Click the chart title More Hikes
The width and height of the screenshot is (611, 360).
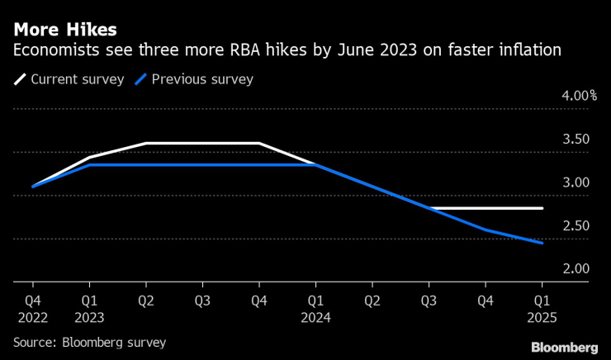click(64, 31)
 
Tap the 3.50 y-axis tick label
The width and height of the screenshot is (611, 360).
click(575, 140)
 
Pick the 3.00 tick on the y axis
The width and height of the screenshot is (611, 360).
click(575, 182)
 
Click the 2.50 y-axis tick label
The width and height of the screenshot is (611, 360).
click(575, 226)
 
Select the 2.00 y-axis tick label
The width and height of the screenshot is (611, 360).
click(575, 269)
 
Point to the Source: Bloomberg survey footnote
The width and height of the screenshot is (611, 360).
click(89, 342)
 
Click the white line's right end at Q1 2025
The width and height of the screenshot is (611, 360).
click(542, 208)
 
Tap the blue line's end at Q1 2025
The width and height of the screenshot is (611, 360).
click(542, 244)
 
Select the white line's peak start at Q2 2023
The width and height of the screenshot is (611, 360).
click(145, 144)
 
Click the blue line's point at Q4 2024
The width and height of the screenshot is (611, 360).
click(485, 230)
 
